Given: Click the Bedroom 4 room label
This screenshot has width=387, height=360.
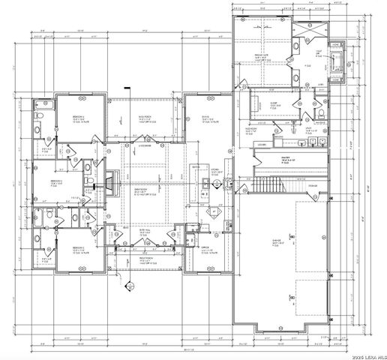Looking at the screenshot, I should (78, 118).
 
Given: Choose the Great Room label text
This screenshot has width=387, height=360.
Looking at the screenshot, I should (140, 190).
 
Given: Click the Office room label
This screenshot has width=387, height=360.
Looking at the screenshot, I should (204, 249).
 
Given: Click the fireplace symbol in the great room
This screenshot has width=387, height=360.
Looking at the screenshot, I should (110, 182).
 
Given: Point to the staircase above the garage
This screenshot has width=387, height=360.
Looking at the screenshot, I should (268, 184).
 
